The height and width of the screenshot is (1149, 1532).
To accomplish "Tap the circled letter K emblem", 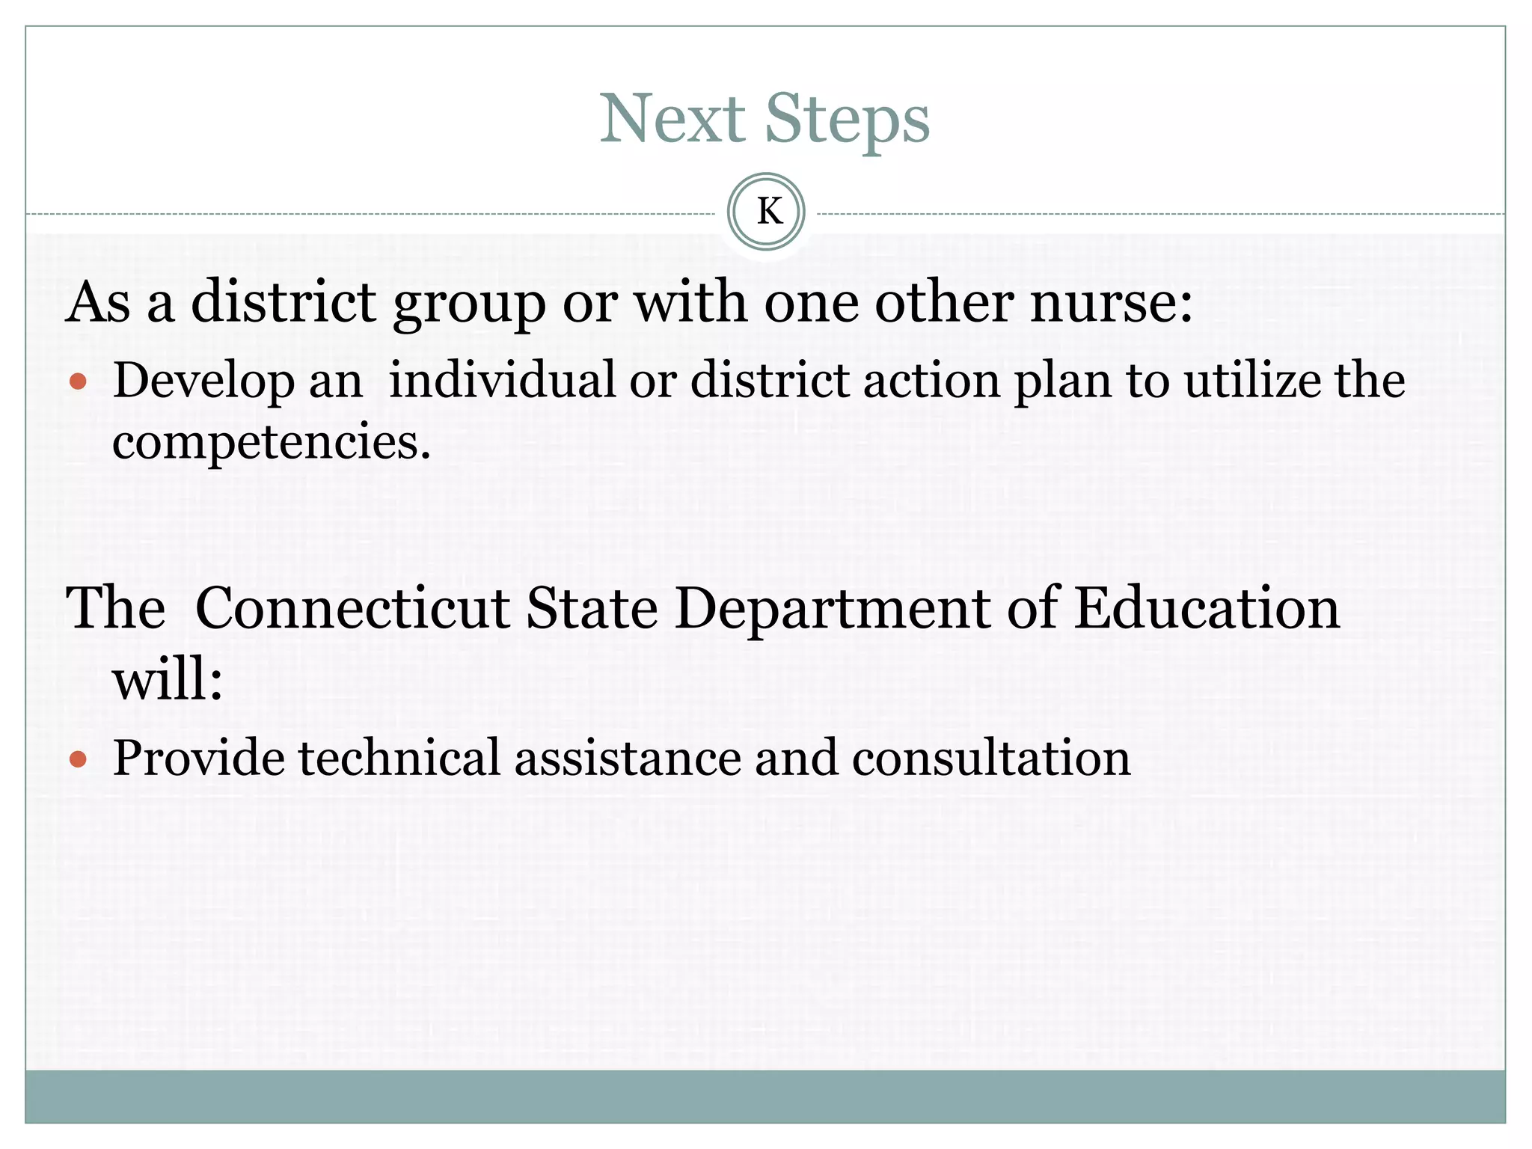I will coord(766,212).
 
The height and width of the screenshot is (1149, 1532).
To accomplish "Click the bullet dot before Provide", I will coord(78,760).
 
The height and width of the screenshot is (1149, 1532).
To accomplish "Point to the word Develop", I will coord(203,382).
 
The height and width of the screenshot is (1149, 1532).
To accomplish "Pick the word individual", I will coord(502,380).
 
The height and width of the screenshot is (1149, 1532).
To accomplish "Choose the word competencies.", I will coord(272,441).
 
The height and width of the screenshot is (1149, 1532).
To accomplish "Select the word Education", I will coord(1207,607).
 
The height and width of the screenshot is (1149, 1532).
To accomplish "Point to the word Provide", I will coord(198,758).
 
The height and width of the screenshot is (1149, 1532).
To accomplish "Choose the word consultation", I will coord(991,758).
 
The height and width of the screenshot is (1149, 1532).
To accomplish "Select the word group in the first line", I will coord(470,305).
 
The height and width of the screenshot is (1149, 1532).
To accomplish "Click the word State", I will coord(591,607).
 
